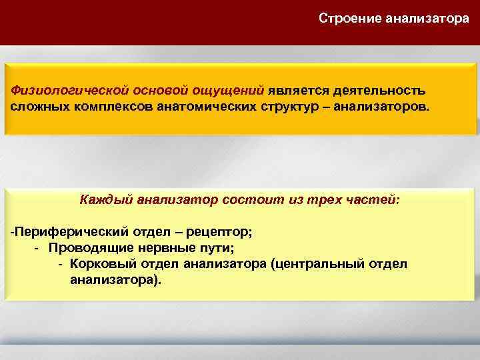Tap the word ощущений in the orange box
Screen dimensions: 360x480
[x=230, y=90]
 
